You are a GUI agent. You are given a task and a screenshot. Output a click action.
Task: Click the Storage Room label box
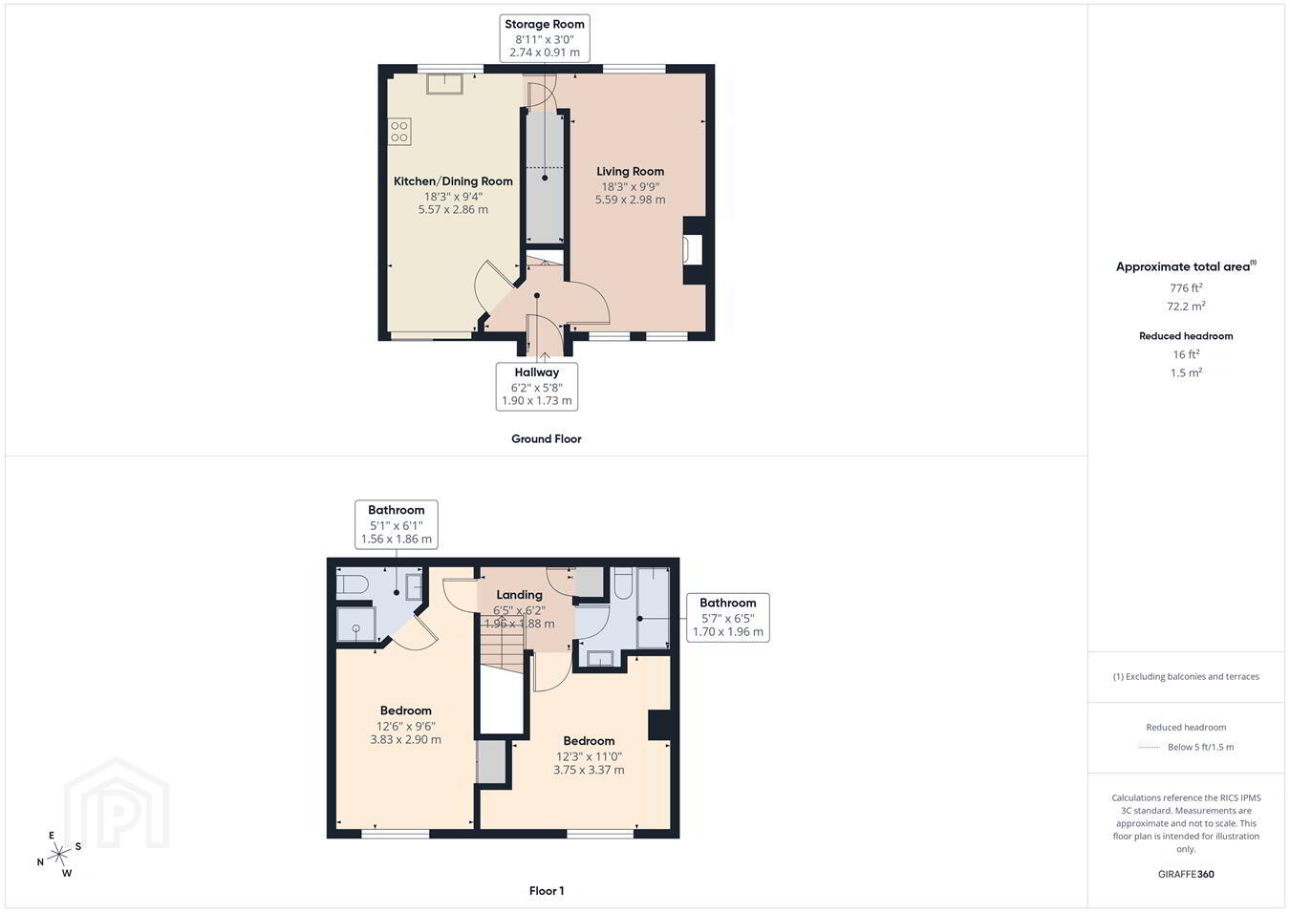click(545, 38)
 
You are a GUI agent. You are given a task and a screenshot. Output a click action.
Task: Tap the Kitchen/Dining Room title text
click(453, 181)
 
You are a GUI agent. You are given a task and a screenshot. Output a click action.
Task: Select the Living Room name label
click(630, 172)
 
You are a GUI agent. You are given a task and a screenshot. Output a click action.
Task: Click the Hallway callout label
click(537, 386)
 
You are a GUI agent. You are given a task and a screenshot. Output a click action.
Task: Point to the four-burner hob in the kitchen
click(399, 131)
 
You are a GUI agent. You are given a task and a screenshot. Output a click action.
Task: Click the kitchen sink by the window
click(444, 83)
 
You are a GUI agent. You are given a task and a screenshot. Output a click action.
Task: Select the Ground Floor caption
click(547, 439)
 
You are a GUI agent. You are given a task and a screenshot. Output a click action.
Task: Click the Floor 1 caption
click(547, 891)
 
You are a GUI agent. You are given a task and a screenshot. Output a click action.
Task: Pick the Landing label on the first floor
click(520, 595)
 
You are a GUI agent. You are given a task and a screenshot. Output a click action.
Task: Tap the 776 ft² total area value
click(1186, 287)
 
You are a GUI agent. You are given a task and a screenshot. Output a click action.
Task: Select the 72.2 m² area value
click(1186, 307)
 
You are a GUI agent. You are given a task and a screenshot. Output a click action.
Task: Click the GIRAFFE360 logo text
click(1186, 874)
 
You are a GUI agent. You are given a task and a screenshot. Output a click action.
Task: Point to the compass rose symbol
click(58, 855)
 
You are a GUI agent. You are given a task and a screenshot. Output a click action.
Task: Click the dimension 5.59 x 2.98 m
click(630, 200)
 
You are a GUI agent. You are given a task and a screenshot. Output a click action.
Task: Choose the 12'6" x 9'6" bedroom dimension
click(405, 726)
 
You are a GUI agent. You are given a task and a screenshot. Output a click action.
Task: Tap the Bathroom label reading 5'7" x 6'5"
click(728, 618)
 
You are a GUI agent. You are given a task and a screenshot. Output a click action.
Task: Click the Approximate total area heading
click(1186, 266)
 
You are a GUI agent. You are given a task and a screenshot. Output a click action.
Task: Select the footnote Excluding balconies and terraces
click(1186, 677)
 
